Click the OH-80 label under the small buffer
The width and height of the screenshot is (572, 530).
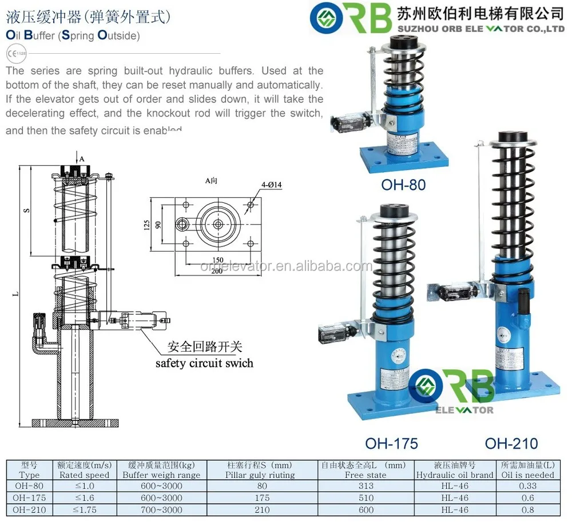click(403, 185)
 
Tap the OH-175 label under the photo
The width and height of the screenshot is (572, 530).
click(391, 443)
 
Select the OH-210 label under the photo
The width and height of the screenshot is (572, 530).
click(511, 443)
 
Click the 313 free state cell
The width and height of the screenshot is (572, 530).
click(366, 486)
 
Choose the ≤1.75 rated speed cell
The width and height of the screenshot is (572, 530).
click(85, 510)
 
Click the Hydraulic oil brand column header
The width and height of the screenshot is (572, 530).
click(455, 475)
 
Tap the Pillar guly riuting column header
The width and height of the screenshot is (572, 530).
click(260, 475)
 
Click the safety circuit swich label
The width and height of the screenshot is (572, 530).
click(204, 363)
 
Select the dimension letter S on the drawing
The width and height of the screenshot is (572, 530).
click(26, 210)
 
